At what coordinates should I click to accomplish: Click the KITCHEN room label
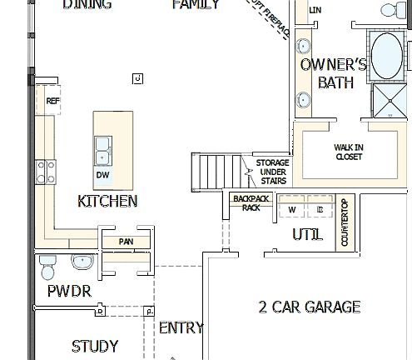107,201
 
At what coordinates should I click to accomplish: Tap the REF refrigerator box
53,101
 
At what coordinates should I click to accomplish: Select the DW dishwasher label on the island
102,175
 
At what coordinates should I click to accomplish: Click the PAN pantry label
126,242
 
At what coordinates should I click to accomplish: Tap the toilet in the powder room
47,267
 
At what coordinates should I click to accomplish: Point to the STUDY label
94,346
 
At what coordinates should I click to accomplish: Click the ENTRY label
181,327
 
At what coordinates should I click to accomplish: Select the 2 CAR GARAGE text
309,307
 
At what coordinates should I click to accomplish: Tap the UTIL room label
307,235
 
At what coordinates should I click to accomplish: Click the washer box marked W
292,209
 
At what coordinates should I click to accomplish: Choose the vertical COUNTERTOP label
345,222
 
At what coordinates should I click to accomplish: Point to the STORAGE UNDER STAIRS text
271,172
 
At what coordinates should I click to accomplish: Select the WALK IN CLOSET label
349,152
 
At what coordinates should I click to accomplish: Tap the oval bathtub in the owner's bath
387,56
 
